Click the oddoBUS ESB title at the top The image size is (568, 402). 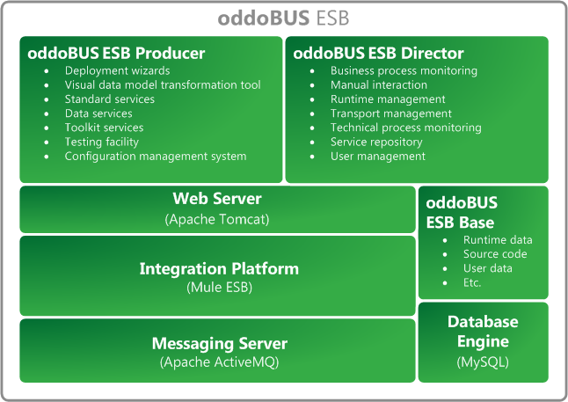point(283,19)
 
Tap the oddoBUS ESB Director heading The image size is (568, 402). point(378,54)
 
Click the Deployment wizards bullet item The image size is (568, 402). point(117,70)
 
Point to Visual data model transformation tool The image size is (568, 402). point(163,85)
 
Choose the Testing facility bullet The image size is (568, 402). point(102,142)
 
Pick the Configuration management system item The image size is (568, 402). point(156,157)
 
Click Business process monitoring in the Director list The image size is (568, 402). point(404,70)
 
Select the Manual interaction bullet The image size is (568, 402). point(379,85)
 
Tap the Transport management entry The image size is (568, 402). point(391,113)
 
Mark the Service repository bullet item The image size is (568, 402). point(376,142)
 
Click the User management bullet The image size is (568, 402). point(377,157)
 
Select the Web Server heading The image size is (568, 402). point(217,199)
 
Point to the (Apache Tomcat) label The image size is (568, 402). point(217,217)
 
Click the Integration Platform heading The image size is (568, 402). point(219,268)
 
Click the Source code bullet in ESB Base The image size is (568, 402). point(495,254)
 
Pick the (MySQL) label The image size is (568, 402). point(483,362)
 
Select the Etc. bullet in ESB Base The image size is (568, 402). point(473,282)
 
